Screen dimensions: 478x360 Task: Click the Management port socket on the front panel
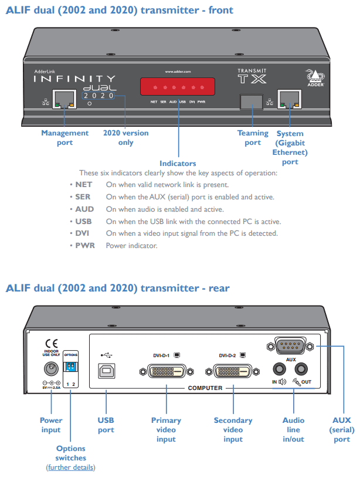click(x=64, y=100)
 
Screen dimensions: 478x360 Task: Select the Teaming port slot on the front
click(x=252, y=101)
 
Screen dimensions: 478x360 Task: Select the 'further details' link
click(x=70, y=467)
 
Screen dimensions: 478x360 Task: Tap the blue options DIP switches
click(x=70, y=367)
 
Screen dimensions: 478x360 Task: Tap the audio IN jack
click(x=280, y=368)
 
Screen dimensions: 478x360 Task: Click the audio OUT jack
click(x=302, y=368)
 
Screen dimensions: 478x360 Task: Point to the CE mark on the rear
click(x=52, y=344)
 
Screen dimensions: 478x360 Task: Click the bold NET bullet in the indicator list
click(x=84, y=184)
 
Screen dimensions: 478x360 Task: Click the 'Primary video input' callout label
click(x=166, y=429)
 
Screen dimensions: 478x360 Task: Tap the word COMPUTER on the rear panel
click(x=205, y=388)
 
